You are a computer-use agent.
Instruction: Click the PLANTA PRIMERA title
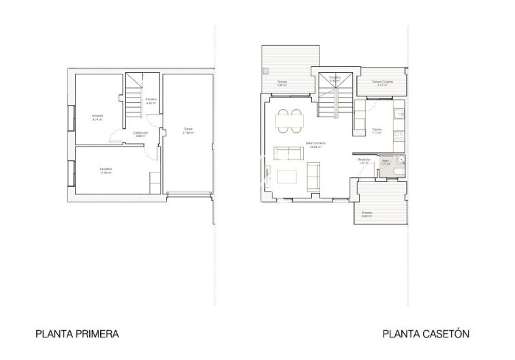coord(77,334)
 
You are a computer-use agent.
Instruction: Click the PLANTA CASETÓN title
coord(426,334)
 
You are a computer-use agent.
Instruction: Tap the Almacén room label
coord(97,117)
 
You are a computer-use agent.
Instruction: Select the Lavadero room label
coord(105,169)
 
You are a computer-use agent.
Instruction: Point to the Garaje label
coord(187,130)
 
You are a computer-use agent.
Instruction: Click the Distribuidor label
coord(141,134)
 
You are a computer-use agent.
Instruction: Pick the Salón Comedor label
coord(315,144)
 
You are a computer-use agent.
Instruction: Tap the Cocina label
coord(377,130)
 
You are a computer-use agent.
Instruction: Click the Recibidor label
coord(364,161)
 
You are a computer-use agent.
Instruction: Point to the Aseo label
coord(384,162)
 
